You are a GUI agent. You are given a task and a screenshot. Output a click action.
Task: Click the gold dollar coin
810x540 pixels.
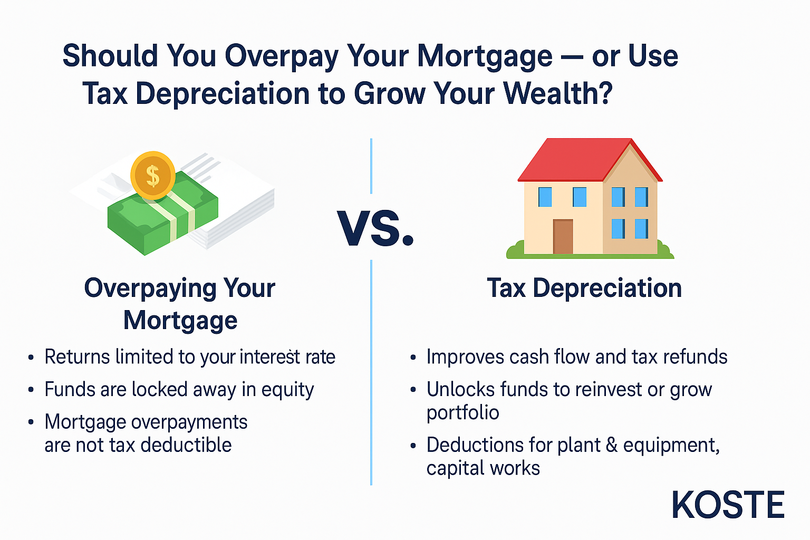[x=153, y=176]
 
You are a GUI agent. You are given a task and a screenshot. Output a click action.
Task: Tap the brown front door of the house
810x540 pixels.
[x=563, y=237]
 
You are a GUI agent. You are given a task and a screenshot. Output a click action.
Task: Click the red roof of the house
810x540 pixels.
[x=590, y=159]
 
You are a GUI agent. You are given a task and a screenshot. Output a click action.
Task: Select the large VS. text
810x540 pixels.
[x=375, y=228]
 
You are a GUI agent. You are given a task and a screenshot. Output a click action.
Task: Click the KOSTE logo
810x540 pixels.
[x=728, y=505]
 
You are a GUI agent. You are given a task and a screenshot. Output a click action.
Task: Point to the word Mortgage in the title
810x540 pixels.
[x=485, y=57]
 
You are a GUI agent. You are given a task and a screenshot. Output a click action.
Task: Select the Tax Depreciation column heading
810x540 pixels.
[x=584, y=288]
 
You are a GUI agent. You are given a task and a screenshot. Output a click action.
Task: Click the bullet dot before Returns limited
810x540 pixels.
[x=31, y=358]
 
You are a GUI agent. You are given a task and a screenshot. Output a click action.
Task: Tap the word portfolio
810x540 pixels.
[x=463, y=413]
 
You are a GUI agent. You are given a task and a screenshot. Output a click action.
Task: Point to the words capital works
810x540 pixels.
[x=483, y=468]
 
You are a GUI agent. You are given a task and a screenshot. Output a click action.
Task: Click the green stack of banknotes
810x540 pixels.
[x=163, y=214]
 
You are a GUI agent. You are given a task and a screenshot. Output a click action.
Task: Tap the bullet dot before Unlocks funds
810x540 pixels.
[x=413, y=390]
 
